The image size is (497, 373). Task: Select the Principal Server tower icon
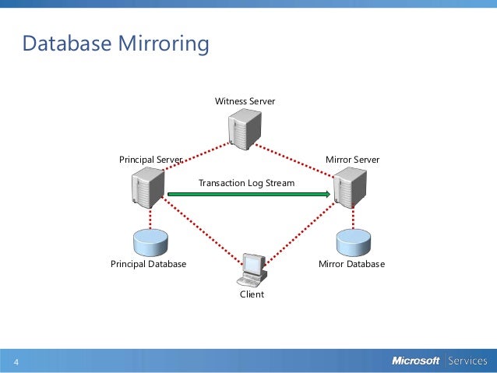(146, 188)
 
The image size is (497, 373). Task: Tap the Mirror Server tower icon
(348, 188)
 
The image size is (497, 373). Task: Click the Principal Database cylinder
(150, 242)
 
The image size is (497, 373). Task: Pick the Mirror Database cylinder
(352, 242)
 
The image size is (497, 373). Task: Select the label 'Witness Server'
(245, 101)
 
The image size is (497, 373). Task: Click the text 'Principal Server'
(150, 160)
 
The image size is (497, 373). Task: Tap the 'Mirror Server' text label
(352, 160)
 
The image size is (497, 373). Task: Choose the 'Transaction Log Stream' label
(246, 183)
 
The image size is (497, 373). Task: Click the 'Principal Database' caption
(148, 264)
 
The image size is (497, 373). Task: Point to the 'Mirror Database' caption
(351, 264)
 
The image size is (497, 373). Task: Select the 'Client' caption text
(252, 294)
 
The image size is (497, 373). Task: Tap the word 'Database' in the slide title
(66, 44)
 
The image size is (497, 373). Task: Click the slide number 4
(16, 363)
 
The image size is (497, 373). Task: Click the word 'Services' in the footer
(467, 361)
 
